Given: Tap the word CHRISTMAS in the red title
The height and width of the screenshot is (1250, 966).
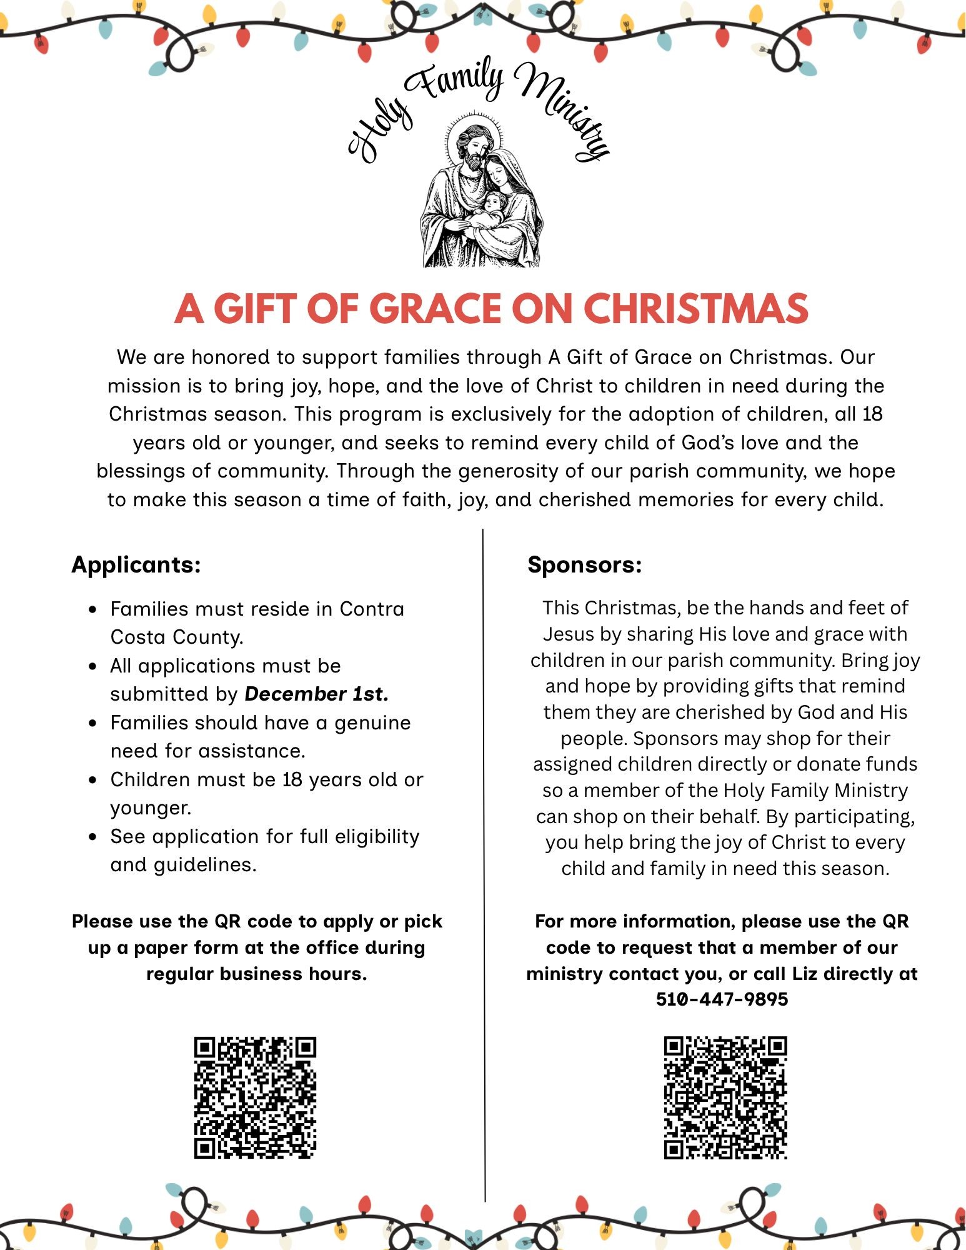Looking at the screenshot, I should pos(695,309).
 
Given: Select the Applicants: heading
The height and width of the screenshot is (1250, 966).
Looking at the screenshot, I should pos(136,564).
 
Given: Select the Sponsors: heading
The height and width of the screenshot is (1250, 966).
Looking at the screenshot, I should pos(584,564).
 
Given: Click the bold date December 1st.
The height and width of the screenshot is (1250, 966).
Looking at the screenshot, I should pos(316,694).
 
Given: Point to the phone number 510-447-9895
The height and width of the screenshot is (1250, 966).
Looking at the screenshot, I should pos(722,999).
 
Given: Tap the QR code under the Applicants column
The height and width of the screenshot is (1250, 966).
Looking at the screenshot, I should pos(255,1097).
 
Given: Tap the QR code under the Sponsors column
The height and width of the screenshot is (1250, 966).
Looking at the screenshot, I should pos(725,1097).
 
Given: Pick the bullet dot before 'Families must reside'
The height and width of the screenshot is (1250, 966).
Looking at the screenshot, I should pos(93,609).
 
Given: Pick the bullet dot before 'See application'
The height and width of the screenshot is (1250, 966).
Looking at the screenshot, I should pos(93,837).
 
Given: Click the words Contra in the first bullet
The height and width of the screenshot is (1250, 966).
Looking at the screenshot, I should pos(372,609).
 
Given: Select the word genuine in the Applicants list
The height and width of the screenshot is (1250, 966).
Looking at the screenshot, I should pos(372,722).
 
